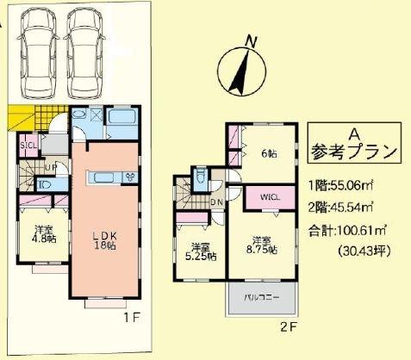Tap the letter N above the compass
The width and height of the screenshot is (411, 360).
click(x=252, y=40)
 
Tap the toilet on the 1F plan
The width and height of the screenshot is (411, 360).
click(x=45, y=183)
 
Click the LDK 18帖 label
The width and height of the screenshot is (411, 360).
click(x=104, y=239)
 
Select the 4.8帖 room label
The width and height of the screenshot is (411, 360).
click(x=45, y=235)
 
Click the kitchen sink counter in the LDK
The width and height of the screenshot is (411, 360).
click(x=107, y=177)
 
